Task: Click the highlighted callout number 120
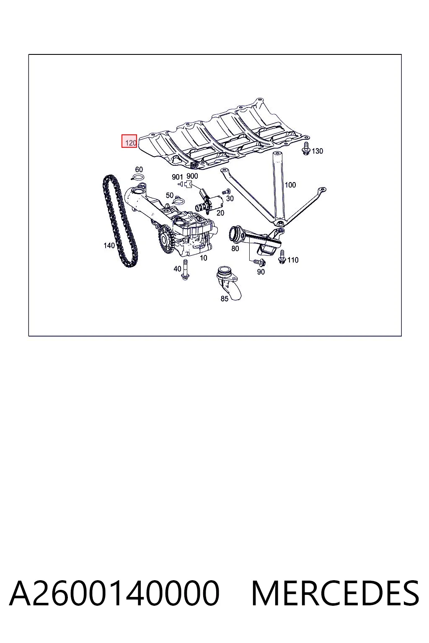(131, 143)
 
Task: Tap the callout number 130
(317, 151)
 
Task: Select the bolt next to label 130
(306, 148)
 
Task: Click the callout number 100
(290, 185)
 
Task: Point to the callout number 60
(139, 170)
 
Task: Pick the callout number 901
(177, 177)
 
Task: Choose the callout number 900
(192, 176)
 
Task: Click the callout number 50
(170, 195)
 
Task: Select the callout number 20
(220, 213)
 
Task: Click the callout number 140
(109, 245)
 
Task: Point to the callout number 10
(204, 258)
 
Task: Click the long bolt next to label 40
(185, 270)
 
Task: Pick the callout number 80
(235, 249)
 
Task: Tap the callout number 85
(225, 299)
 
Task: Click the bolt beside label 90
(260, 262)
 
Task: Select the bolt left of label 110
(282, 257)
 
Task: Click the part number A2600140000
(114, 593)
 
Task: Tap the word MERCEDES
(335, 593)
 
